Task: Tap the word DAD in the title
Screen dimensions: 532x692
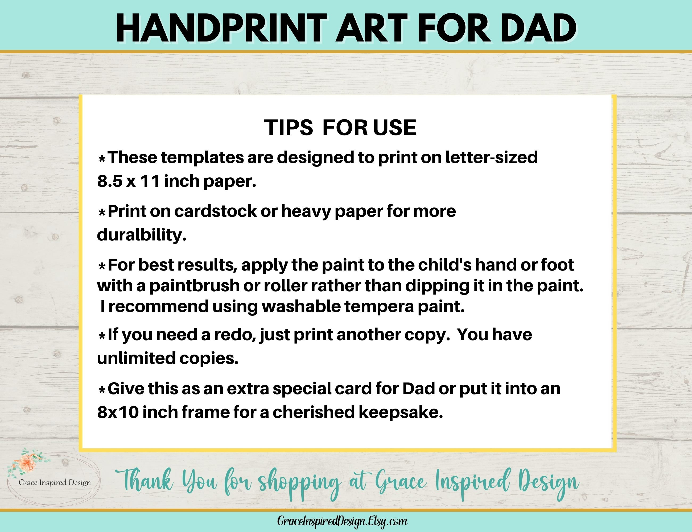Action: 538,28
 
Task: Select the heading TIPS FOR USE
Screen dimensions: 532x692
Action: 340,128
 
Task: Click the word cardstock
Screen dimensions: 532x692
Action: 216,211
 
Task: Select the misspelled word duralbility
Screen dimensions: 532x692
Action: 141,235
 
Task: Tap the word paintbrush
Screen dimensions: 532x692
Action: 194,286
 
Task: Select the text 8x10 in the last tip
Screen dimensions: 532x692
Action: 118,412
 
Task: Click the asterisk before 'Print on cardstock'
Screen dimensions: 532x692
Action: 102,213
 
